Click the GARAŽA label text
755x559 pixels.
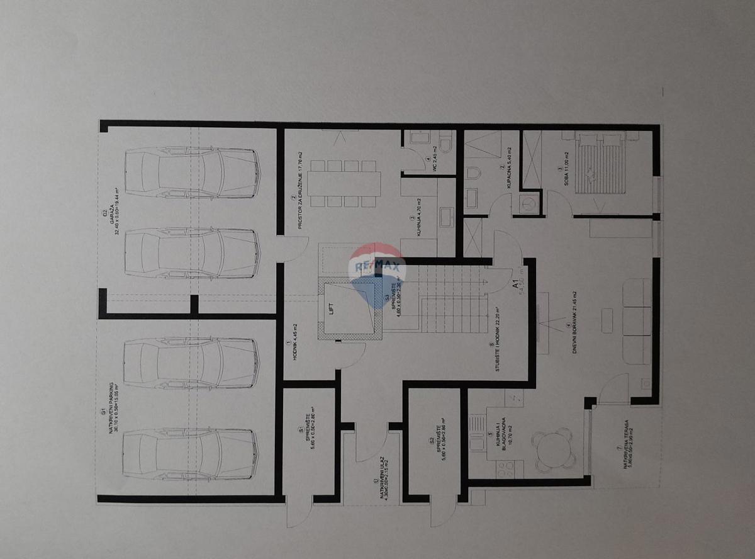(x=115, y=217)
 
